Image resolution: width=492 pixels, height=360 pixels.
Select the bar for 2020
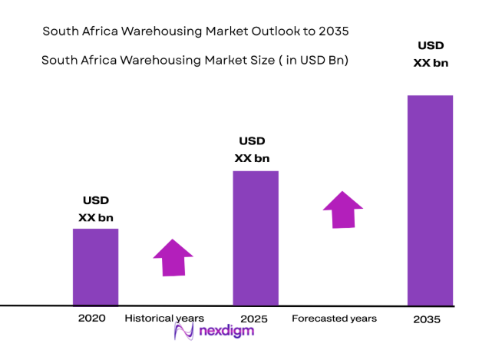pyautogui.click(x=95, y=266)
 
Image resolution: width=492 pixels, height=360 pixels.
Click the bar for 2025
pyautogui.click(x=255, y=237)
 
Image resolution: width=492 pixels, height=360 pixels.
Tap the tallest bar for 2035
pyautogui.click(x=430, y=200)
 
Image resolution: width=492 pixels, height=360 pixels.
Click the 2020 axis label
pyautogui.click(x=91, y=318)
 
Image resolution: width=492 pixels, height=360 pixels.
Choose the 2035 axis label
pyautogui.click(x=426, y=319)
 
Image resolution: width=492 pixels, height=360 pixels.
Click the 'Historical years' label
pyautogui.click(x=164, y=318)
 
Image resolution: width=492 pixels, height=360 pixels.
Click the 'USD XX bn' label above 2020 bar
pyautogui.click(x=95, y=210)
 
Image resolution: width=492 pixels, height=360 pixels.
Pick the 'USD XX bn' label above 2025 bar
pyautogui.click(x=252, y=150)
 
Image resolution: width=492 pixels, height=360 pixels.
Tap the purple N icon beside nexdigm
pyautogui.click(x=184, y=332)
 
